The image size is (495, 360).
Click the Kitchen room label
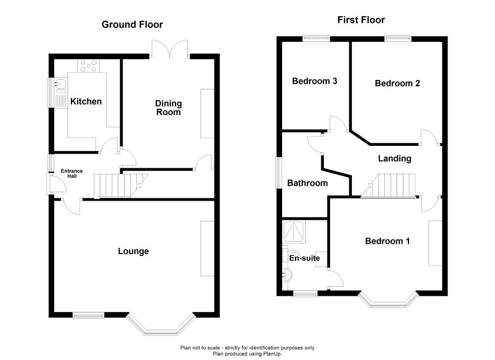[86, 101]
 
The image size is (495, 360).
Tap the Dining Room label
[168, 108]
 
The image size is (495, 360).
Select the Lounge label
[133, 252]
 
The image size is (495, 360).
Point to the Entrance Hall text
[72, 173]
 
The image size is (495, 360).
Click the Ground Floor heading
[132, 25]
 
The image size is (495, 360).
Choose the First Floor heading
[361, 20]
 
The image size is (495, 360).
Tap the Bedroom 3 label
[315, 81]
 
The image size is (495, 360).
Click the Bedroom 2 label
[397, 83]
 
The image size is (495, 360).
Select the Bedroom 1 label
[387, 241]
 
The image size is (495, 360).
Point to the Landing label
[394, 159]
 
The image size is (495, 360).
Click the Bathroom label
[307, 183]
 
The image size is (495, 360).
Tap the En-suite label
[304, 258]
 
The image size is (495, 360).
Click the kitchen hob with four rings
[89, 66]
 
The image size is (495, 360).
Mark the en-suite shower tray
[294, 232]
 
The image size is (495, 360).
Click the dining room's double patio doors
[169, 49]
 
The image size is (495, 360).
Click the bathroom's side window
[279, 173]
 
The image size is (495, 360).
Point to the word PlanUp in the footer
[272, 354]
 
